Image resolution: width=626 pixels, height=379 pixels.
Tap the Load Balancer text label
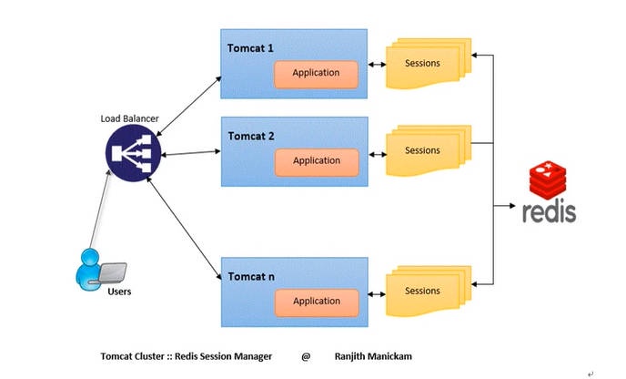coord(129,118)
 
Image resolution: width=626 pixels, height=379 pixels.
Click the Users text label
coord(120,292)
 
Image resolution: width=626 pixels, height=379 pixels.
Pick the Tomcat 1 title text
coord(252,46)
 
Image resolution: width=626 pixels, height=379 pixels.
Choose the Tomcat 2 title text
coord(252,136)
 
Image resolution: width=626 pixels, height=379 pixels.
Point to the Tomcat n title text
coord(252,276)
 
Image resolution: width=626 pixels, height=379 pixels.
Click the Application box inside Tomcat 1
coord(316,73)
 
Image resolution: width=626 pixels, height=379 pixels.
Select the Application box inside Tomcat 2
coord(316,161)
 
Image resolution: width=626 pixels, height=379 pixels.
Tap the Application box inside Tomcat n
coord(316,301)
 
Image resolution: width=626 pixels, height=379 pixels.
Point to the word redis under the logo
coord(549,212)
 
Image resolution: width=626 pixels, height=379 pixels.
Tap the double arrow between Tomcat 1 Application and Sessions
coord(374,67)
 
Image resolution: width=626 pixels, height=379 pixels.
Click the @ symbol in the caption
coord(306,355)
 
